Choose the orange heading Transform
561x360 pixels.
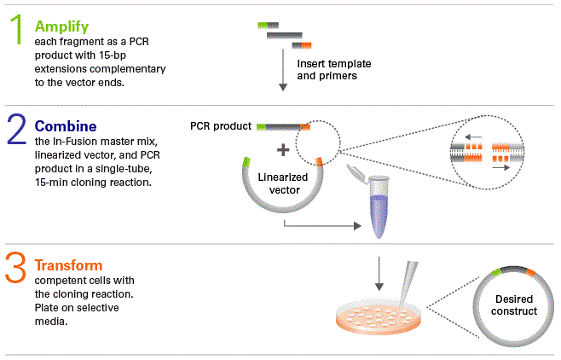tap(68, 265)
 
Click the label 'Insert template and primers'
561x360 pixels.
tap(334, 70)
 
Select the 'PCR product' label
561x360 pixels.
tap(220, 126)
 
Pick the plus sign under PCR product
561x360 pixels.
tap(282, 150)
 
